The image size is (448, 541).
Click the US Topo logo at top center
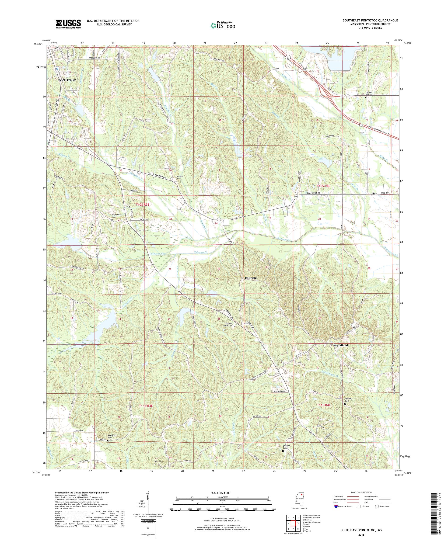coord(223,25)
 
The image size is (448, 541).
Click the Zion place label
coord(374,194)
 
